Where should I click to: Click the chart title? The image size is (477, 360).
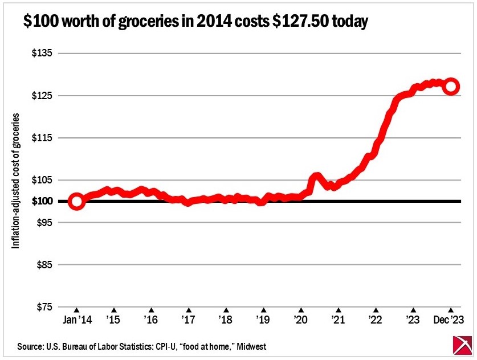pyautogui.click(x=195, y=22)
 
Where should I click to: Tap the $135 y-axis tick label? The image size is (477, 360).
pyautogui.click(x=40, y=54)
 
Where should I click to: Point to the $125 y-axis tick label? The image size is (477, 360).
pyautogui.click(x=40, y=96)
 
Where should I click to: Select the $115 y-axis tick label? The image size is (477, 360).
pyautogui.click(x=40, y=138)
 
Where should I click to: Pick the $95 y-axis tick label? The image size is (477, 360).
pyautogui.click(x=42, y=222)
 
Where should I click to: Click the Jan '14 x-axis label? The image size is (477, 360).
pyautogui.click(x=76, y=320)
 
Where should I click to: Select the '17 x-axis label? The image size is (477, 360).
pyautogui.click(x=188, y=320)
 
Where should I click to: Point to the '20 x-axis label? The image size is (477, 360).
pyautogui.click(x=300, y=320)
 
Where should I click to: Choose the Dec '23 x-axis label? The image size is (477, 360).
pyautogui.click(x=449, y=320)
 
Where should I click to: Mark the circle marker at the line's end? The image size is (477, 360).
pyautogui.click(x=451, y=87)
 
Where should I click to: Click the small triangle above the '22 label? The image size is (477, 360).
pyautogui.click(x=376, y=310)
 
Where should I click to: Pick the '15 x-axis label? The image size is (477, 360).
pyautogui.click(x=113, y=320)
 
